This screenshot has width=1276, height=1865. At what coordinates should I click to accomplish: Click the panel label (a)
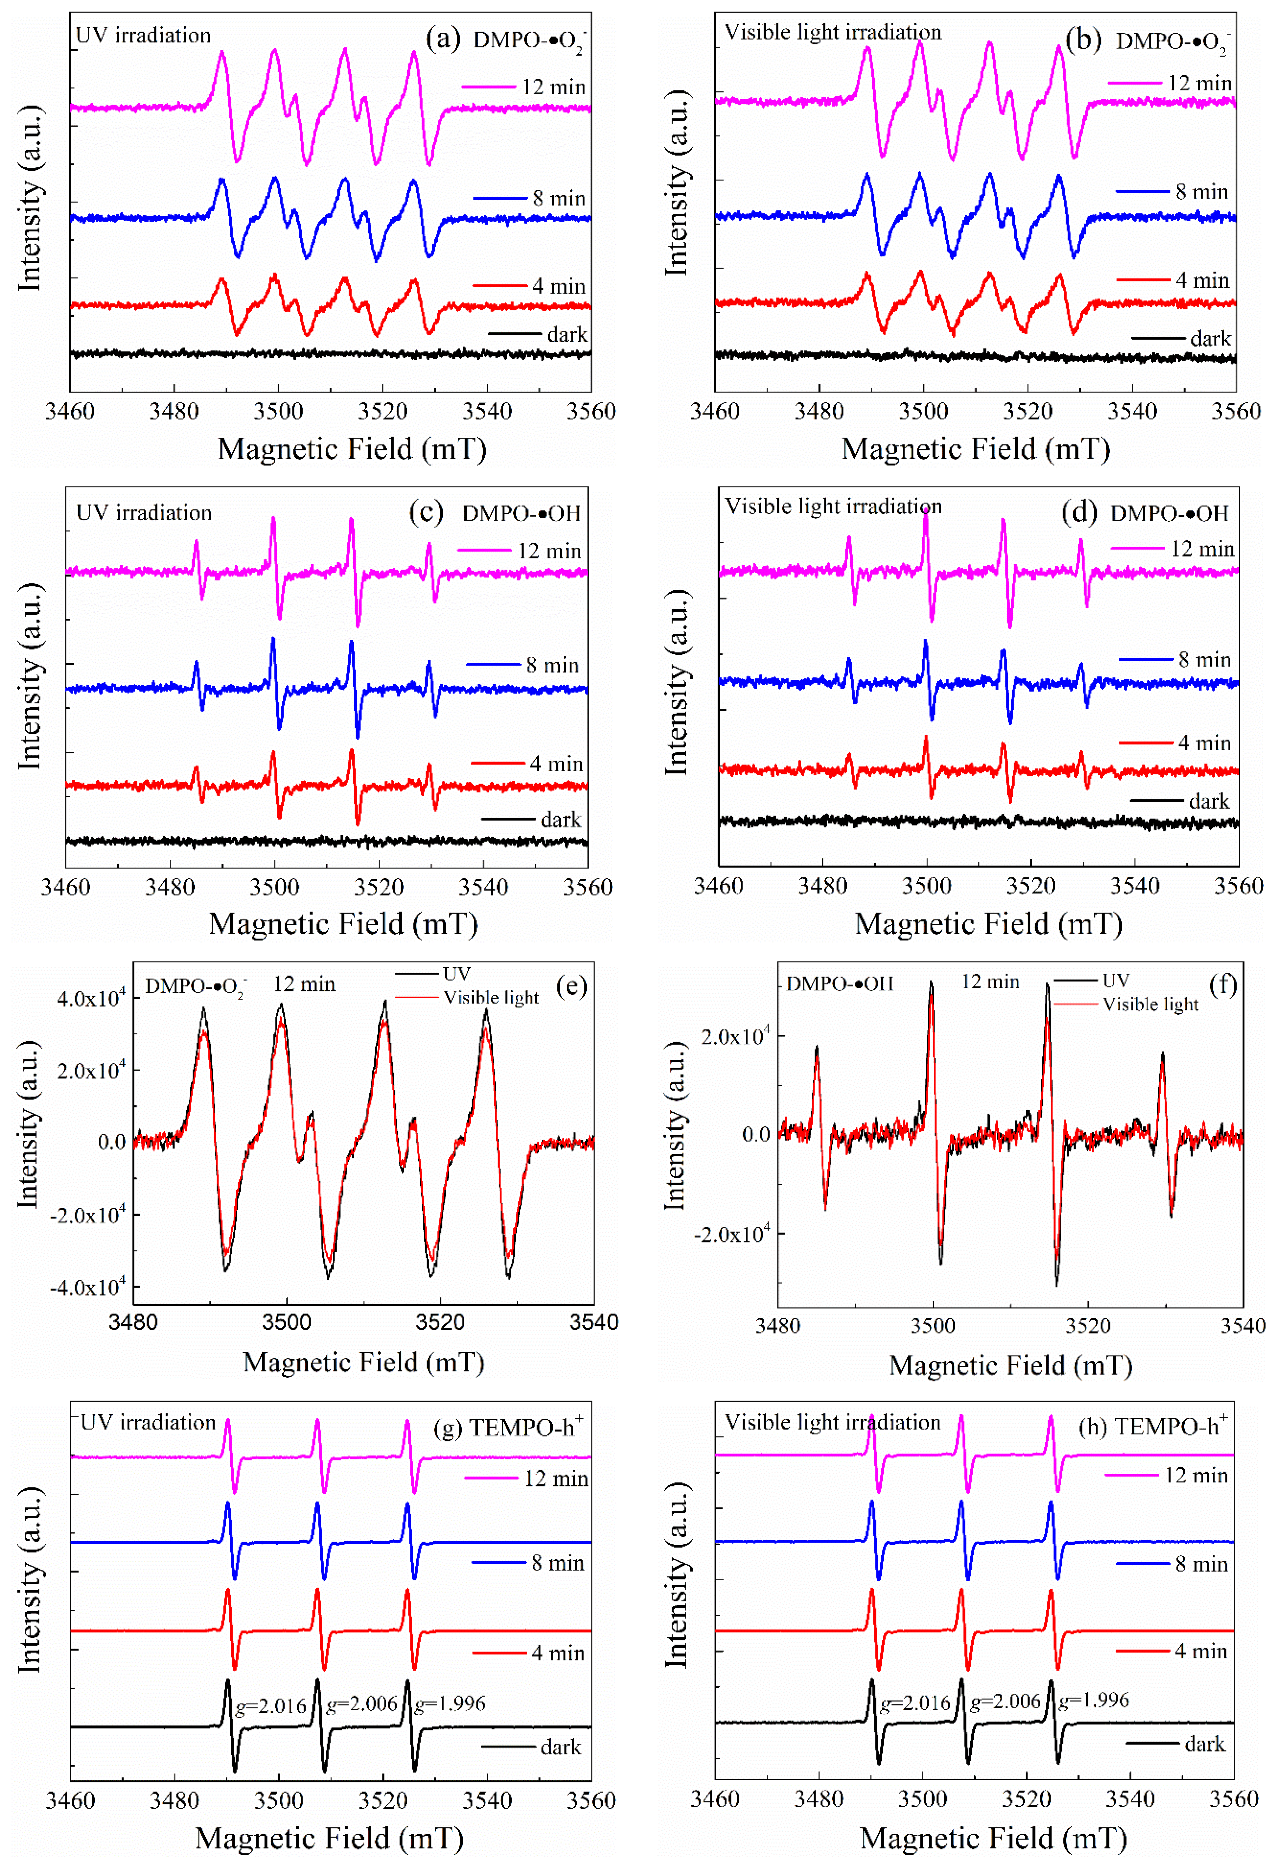click(443, 39)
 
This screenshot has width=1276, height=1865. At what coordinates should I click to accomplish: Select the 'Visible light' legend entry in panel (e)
click(491, 997)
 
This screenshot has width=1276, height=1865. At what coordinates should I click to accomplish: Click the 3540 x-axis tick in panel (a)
click(487, 412)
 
